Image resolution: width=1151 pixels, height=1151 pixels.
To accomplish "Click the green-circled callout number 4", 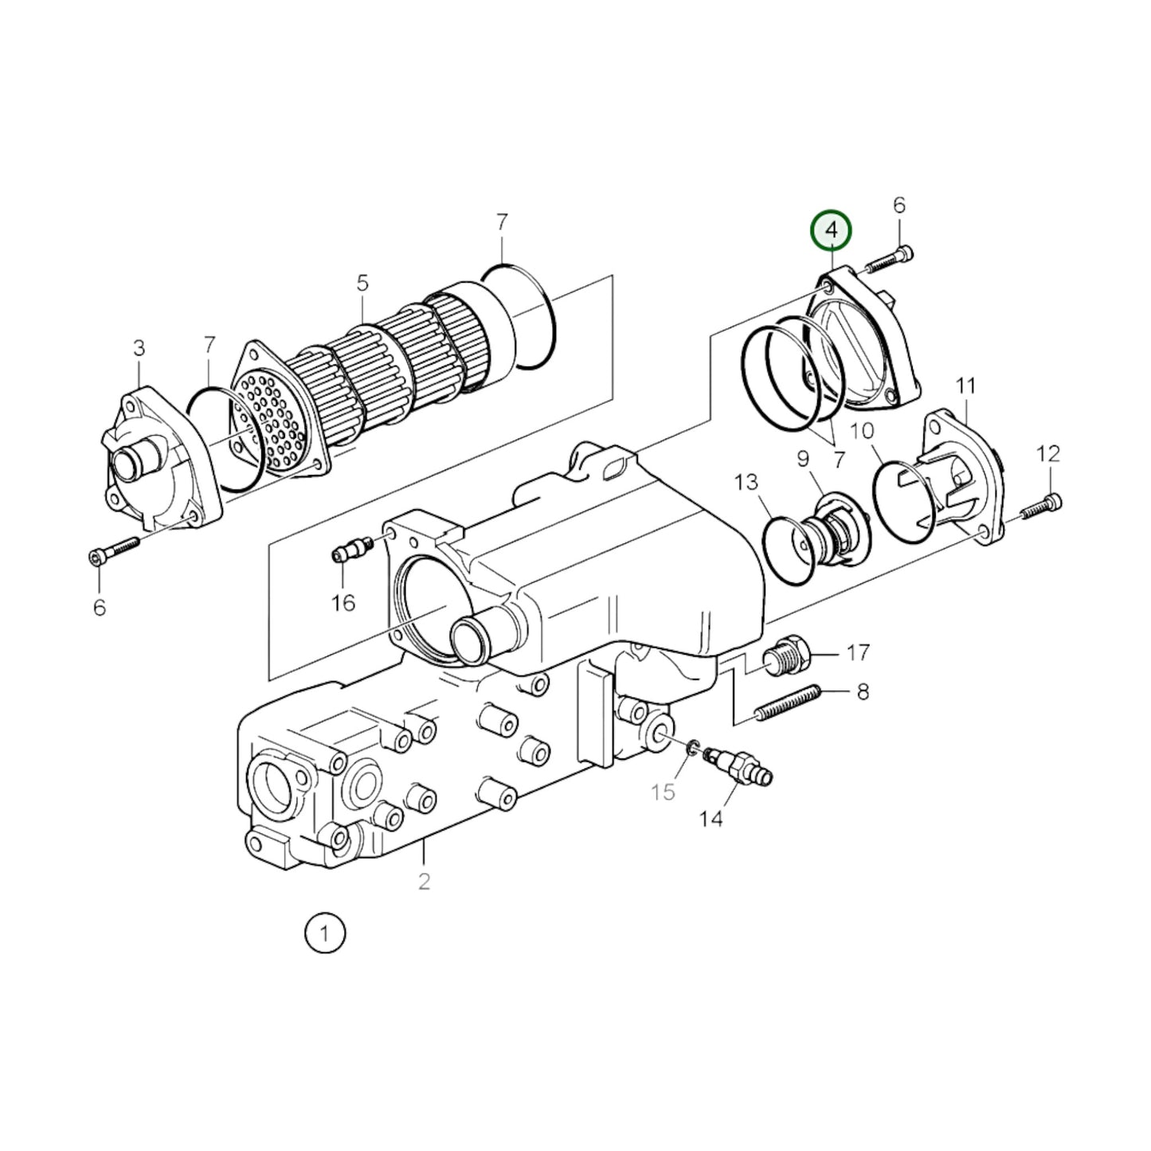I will point(831,231).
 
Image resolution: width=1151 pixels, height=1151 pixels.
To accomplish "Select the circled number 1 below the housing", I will point(324,933).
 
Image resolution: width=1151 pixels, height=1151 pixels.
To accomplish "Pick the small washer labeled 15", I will point(693,746).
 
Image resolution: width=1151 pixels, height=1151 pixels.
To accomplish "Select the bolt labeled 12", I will point(1041,507).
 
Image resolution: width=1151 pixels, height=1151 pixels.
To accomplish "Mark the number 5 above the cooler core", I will point(362,283).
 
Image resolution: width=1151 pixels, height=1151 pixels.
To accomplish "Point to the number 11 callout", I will point(965,387).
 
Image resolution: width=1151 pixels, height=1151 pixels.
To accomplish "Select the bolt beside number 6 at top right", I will point(887,259).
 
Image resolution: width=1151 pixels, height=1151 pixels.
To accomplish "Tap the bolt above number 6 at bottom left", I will point(115,550).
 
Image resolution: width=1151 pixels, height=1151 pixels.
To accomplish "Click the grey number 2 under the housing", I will point(424,881).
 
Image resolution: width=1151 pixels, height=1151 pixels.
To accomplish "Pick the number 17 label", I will point(857,653).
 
